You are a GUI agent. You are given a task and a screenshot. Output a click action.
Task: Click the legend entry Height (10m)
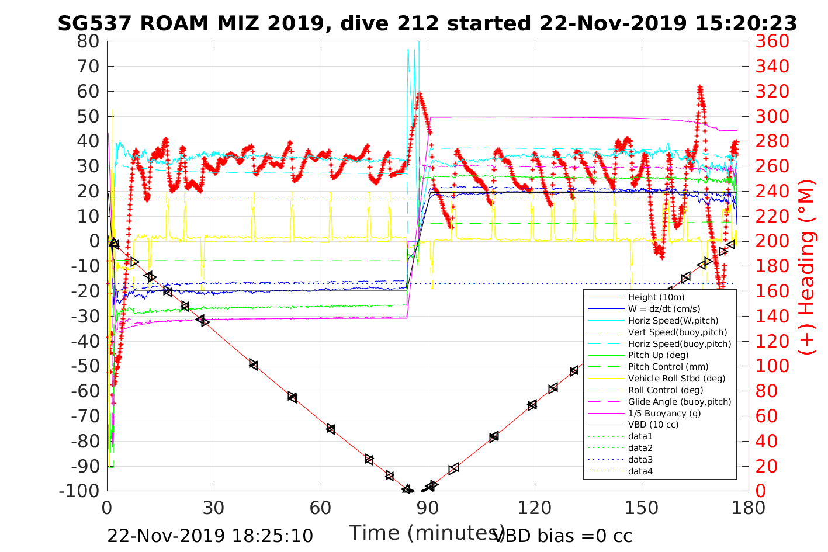coord(656,297)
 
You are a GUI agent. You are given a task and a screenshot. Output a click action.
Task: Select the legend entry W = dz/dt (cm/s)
coord(664,309)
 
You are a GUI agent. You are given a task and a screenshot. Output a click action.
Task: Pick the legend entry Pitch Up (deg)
coord(658,355)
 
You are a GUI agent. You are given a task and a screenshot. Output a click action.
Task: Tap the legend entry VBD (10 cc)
coord(653,425)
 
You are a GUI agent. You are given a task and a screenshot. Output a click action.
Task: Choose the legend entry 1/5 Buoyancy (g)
coord(664,413)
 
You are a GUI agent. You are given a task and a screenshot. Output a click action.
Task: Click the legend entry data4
coord(640,471)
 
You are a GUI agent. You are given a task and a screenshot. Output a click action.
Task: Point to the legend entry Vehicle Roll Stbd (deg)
coord(677,379)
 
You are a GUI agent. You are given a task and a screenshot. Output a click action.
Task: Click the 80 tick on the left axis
coord(88,41)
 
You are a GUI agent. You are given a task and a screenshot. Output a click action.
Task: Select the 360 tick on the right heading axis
coord(772,41)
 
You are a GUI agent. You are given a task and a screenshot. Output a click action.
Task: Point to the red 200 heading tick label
coord(772,241)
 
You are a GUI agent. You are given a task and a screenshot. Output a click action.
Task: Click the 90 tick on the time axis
coord(428,508)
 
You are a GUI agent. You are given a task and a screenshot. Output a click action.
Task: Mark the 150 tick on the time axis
coord(642,508)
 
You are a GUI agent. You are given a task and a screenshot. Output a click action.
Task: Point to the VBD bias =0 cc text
coord(563,536)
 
